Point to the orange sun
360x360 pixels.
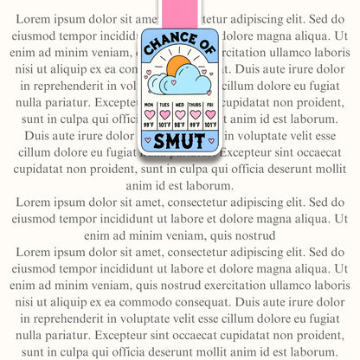tap(180, 71)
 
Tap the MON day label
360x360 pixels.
tap(149, 105)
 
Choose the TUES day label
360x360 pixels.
tap(164, 105)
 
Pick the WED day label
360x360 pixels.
tap(178, 105)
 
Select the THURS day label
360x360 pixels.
tap(194, 105)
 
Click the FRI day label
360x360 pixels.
tap(209, 105)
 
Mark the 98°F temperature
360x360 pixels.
tap(178, 124)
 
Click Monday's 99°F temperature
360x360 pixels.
tap(149, 124)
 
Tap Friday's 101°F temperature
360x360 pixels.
tap(209, 124)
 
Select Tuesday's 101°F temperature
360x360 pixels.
tap(164, 124)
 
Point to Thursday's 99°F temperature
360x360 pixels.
tap(194, 124)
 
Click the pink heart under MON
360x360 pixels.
tap(149, 114)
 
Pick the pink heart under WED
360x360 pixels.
tap(178, 114)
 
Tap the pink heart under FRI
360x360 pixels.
tap(209, 114)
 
